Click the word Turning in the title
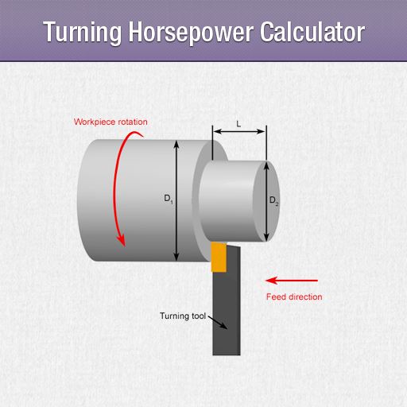[x=82, y=33]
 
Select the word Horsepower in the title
[x=191, y=33]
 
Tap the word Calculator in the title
[x=312, y=32]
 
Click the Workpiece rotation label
[x=110, y=122]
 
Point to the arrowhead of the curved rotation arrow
[x=122, y=241]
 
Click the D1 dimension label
[x=169, y=199]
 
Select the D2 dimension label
[x=274, y=200]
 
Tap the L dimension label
[x=238, y=124]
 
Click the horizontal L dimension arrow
[x=239, y=131]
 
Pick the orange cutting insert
[x=219, y=257]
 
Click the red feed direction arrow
[x=292, y=281]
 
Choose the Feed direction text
[x=294, y=297]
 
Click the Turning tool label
[x=183, y=316]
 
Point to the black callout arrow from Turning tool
[x=218, y=323]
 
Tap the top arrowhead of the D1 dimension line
[x=176, y=144]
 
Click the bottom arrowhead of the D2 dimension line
[x=266, y=238]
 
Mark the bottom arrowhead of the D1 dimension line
[x=176, y=257]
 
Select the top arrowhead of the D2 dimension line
[x=266, y=165]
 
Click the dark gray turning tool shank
[x=227, y=304]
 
